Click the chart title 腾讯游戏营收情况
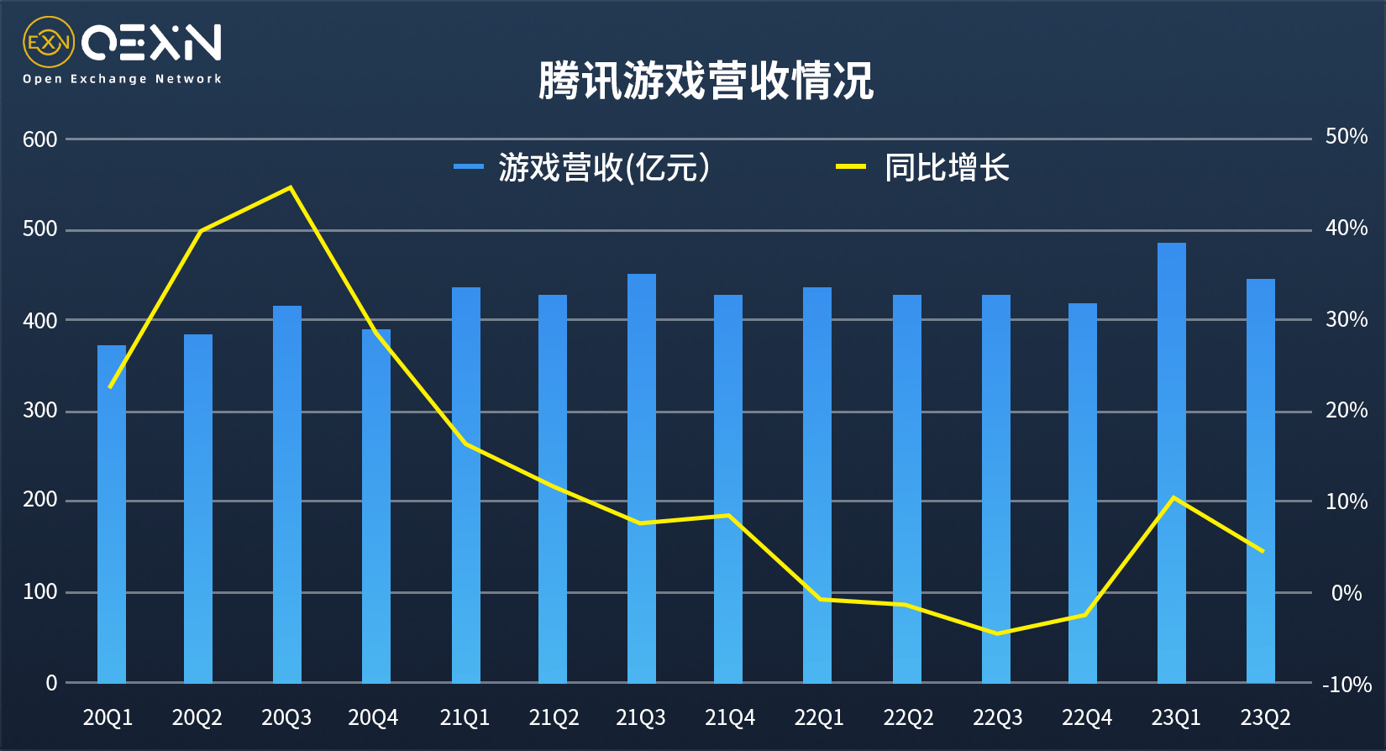706,81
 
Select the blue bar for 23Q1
1171,462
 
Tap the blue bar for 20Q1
112,512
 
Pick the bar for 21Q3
642,479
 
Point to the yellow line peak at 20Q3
290,187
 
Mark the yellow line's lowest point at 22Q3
997,633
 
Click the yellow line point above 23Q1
1173,497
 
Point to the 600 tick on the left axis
40,139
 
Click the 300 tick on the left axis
40,410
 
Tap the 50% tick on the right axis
1346,137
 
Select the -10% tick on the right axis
1347,685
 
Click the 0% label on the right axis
1347,593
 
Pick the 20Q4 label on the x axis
373,717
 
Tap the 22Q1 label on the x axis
819,717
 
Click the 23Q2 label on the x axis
1265,717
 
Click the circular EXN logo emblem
49,42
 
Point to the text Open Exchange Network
122,79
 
